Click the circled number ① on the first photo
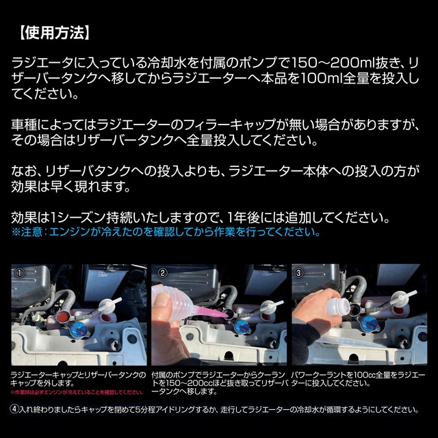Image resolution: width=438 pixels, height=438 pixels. point(21,272)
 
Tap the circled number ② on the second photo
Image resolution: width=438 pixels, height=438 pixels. point(163,272)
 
